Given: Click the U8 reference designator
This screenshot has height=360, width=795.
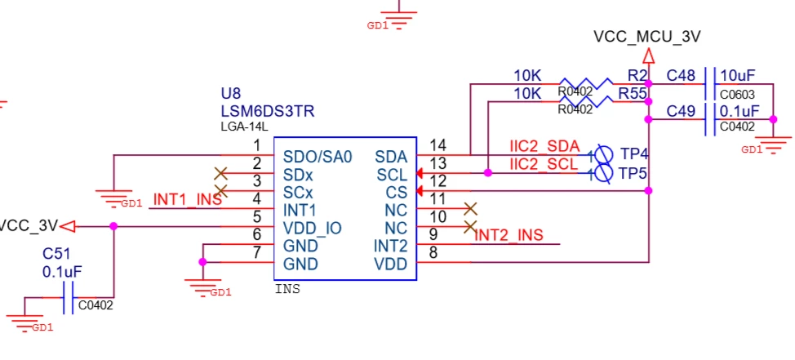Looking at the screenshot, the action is [231, 94].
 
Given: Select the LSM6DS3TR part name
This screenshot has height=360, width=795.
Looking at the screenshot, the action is [267, 111].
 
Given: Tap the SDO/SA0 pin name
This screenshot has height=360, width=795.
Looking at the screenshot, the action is [318, 157].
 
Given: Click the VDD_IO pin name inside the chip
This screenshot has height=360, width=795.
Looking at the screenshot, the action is [313, 229].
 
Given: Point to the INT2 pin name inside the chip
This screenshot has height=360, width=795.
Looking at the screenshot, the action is [390, 247].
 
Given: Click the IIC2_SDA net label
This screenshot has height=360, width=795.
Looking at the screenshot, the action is [544, 147].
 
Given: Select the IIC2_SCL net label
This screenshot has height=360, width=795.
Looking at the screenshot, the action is [544, 164].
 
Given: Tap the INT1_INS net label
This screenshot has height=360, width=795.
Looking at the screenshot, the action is [188, 200].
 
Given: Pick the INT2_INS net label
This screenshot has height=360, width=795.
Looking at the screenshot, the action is [509, 235].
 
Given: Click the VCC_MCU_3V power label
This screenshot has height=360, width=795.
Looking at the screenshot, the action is [647, 37].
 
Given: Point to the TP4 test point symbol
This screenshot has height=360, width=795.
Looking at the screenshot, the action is [602, 153].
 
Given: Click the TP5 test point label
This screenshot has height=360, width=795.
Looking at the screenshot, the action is [633, 173].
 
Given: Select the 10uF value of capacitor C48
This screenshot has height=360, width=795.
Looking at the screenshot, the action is [738, 76].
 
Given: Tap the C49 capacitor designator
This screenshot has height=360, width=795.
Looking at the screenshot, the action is [681, 111].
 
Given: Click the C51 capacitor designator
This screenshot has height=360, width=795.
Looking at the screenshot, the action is [56, 253].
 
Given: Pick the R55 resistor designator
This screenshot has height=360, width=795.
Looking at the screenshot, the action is [633, 94].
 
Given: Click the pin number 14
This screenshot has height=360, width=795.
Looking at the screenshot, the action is [438, 145].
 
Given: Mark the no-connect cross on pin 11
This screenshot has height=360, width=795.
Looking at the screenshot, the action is [470, 208].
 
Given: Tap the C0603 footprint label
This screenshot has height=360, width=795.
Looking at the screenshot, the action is [737, 95].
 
